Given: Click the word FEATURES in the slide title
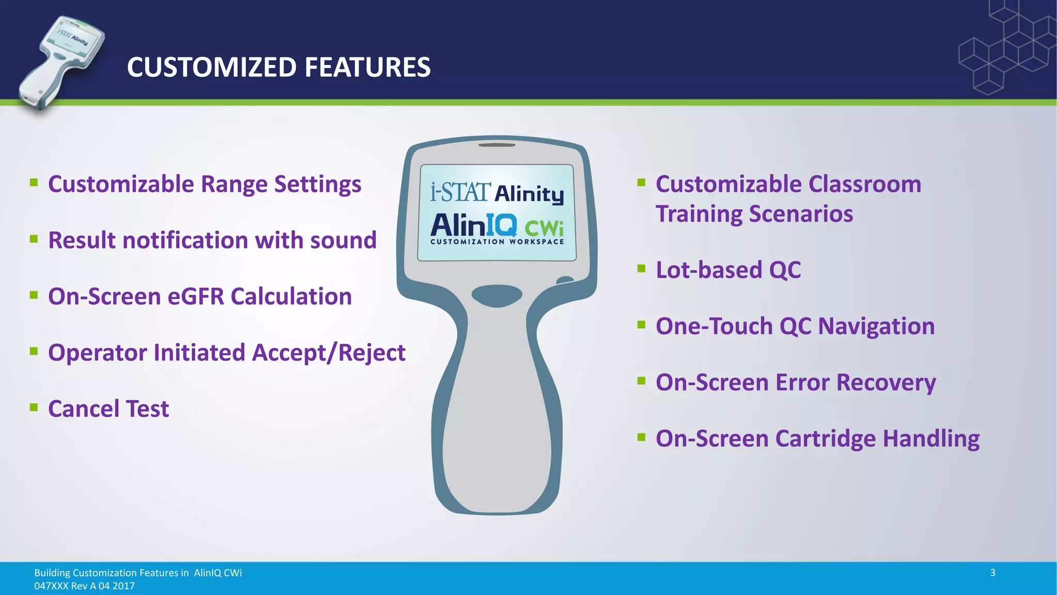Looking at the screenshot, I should pyautogui.click(x=367, y=67).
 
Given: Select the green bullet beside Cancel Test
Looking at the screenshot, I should pyautogui.click(x=34, y=407).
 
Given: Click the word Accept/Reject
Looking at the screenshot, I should pyautogui.click(x=328, y=353).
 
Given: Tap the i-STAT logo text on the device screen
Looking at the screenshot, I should pyautogui.click(x=460, y=192).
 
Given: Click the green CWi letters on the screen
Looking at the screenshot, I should pyautogui.click(x=544, y=227).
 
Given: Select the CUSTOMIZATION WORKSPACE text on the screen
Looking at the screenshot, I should pyautogui.click(x=497, y=242).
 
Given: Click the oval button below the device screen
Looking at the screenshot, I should pyautogui.click(x=497, y=295).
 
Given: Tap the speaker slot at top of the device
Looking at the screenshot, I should pyautogui.click(x=497, y=145).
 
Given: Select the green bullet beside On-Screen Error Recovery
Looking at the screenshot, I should pyautogui.click(x=642, y=381).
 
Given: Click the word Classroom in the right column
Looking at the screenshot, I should pyautogui.click(x=864, y=184).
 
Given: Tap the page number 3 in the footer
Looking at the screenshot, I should pyautogui.click(x=992, y=572).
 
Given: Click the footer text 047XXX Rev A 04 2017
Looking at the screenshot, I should pyautogui.click(x=84, y=586).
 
